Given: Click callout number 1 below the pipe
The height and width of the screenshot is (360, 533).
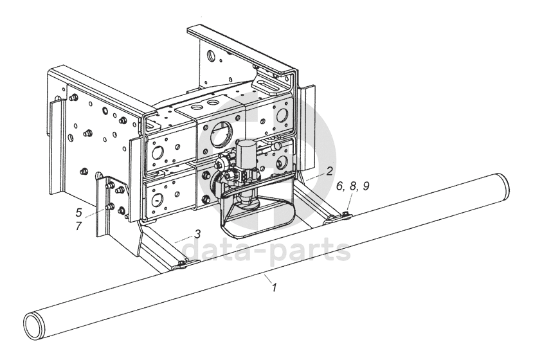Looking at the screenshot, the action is click(x=275, y=287).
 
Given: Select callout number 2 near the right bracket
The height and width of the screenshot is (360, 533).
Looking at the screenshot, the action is click(x=329, y=170).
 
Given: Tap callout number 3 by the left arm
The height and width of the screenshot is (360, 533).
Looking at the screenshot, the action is click(x=197, y=233).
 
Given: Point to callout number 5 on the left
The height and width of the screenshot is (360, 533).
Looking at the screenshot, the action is click(x=79, y=213).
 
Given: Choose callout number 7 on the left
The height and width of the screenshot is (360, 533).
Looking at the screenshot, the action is click(x=79, y=226).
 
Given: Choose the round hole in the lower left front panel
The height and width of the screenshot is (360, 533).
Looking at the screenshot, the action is click(x=158, y=199).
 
